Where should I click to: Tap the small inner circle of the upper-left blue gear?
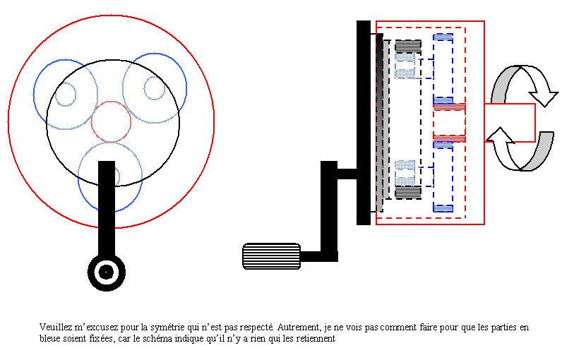(55, 94)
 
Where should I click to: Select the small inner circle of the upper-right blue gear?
(144, 88)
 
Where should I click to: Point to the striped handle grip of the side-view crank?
(271, 256)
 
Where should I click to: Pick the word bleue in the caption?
(49, 338)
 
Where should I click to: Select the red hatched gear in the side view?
(449, 123)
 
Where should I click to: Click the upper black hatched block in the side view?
(408, 46)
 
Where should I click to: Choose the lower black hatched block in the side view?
(408, 192)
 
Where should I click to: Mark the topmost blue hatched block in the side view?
(443, 37)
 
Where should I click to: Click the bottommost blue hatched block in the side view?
(443, 208)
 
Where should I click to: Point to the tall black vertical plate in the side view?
(364, 123)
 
